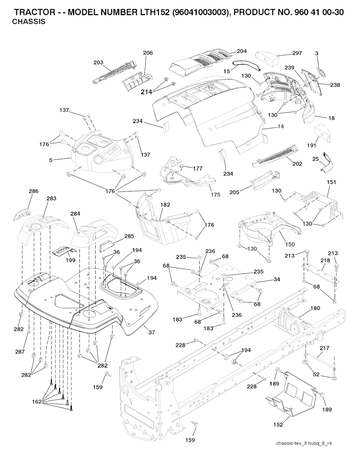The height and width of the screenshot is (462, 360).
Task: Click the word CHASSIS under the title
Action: (28, 22)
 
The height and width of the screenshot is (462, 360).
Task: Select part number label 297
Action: (297, 53)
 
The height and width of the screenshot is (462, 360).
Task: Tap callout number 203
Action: (98, 63)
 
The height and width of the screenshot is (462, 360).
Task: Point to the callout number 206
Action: (148, 53)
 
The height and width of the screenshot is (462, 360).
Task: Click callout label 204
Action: (242, 51)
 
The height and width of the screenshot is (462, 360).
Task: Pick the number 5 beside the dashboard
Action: (51, 160)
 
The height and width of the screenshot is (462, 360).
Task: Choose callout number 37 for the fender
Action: (152, 332)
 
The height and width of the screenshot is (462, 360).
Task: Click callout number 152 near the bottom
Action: (278, 425)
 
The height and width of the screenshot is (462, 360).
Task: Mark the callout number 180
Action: (315, 308)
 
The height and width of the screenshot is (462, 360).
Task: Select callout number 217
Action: (324, 348)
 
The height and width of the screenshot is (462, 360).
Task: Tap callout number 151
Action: (331, 182)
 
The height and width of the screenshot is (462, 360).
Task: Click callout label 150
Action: (290, 244)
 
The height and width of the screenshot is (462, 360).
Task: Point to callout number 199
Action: (71, 261)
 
